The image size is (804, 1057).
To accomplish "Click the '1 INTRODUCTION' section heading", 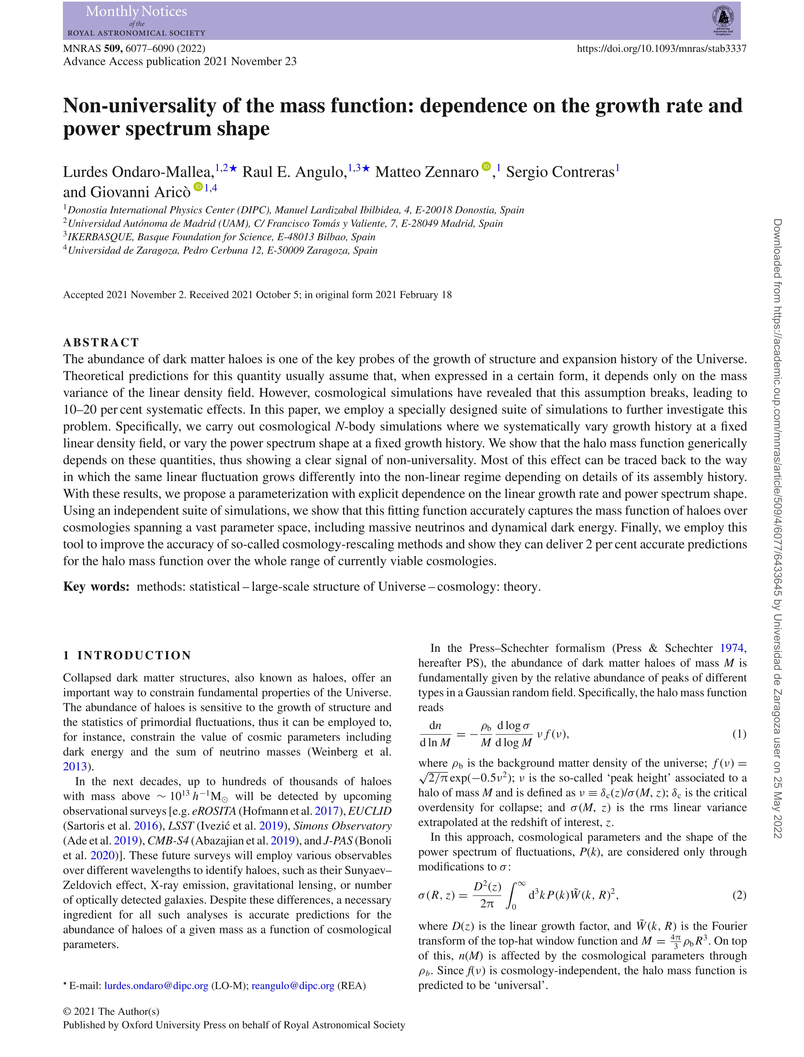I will coord(127,655).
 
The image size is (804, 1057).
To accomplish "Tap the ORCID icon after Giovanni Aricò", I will coord(198,187).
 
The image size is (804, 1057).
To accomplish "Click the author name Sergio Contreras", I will coord(560,172).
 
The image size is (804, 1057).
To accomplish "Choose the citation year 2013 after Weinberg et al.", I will coord(75,766).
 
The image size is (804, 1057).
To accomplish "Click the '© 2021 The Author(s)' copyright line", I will coord(111,1012).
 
